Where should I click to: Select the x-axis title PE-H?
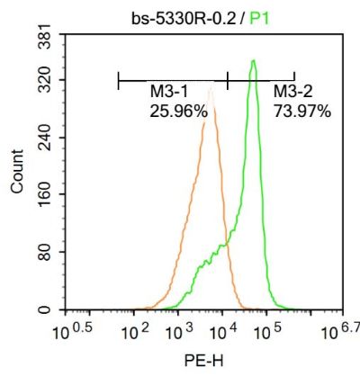point(199,361)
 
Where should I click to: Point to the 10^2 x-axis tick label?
point(133,330)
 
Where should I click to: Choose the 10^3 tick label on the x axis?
point(177,330)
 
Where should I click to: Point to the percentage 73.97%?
point(301,112)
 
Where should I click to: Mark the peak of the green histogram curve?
point(255,61)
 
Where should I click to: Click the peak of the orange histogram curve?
point(211,88)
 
